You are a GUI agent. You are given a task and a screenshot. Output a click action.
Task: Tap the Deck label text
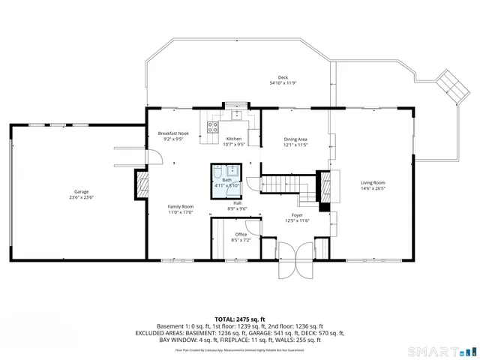point(283,78)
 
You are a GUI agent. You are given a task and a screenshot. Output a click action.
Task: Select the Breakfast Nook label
point(173,133)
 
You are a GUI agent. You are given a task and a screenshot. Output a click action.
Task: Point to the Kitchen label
point(234,139)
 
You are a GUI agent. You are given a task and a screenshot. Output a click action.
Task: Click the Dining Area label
point(295,139)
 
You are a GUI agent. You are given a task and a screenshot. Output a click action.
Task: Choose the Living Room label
point(373,183)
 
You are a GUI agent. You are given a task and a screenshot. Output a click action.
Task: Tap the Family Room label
point(180,206)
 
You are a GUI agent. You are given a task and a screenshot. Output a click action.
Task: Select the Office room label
point(241,235)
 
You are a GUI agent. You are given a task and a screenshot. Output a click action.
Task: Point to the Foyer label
point(297,216)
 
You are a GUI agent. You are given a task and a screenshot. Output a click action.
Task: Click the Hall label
point(237,203)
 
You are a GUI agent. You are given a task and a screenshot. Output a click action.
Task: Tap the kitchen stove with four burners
point(212,127)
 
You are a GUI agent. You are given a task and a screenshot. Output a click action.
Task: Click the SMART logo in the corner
point(442,351)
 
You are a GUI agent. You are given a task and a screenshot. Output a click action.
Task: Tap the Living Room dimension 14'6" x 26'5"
point(373,188)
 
